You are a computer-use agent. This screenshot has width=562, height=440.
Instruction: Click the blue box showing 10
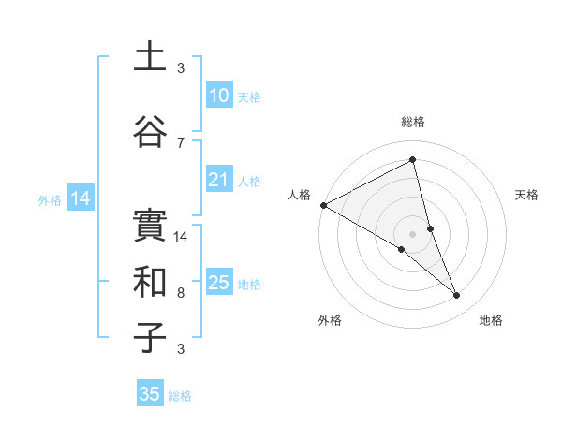click(x=218, y=95)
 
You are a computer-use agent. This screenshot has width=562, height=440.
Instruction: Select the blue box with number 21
click(x=218, y=180)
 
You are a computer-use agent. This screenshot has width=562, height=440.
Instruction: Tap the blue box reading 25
click(x=218, y=283)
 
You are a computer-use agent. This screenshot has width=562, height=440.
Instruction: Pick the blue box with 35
click(x=150, y=394)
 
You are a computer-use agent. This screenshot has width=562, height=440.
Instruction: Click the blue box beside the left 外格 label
click(x=81, y=198)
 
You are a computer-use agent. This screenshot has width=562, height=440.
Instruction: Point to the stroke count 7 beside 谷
click(x=181, y=143)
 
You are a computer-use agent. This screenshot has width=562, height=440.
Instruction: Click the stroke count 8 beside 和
click(x=181, y=293)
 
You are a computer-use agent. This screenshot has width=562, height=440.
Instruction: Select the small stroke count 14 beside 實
click(x=182, y=237)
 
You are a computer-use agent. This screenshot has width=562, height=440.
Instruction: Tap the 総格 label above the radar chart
click(x=413, y=122)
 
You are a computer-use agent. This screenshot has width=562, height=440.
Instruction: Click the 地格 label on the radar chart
click(x=491, y=320)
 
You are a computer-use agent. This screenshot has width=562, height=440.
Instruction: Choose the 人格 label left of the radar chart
click(x=300, y=195)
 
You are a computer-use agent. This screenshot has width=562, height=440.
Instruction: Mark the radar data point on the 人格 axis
click(x=323, y=205)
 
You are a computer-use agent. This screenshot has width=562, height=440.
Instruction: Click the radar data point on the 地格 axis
click(x=457, y=296)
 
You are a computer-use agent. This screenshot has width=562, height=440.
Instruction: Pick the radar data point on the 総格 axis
click(x=413, y=159)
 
